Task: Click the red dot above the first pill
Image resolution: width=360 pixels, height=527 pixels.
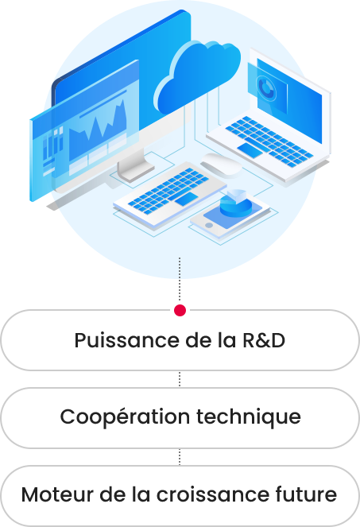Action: tap(180, 310)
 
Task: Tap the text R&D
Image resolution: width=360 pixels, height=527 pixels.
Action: tap(264, 340)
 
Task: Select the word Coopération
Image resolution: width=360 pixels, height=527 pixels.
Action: tap(125, 417)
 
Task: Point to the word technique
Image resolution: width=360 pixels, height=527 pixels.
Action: tap(249, 417)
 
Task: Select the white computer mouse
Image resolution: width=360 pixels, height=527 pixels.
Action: tap(221, 165)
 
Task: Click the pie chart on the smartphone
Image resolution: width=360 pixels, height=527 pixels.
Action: tap(237, 203)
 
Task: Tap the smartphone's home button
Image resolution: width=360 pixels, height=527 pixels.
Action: tap(209, 225)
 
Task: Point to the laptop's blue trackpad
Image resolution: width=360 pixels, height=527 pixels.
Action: tap(250, 150)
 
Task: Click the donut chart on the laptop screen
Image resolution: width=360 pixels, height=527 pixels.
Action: tap(266, 88)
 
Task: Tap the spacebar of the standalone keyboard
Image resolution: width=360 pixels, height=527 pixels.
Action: tap(186, 199)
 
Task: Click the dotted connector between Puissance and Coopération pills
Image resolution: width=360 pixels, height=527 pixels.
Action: tap(180, 379)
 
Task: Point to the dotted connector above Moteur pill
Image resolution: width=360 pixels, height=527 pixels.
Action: tap(180, 457)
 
